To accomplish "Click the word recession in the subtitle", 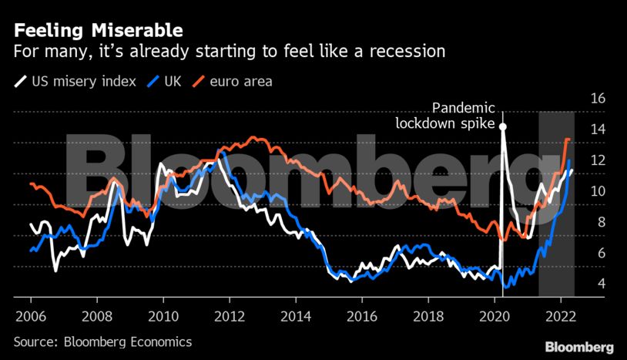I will (x=407, y=52).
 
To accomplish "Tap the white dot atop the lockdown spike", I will (x=503, y=126).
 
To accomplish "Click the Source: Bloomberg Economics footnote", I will (x=102, y=341).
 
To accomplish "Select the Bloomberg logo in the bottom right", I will (x=579, y=347).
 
